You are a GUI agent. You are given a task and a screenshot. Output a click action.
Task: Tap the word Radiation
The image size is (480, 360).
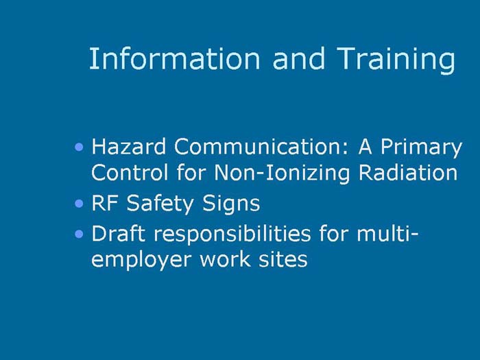pyautogui.click(x=408, y=172)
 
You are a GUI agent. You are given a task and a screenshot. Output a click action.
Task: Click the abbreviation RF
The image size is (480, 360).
pyautogui.click(x=101, y=203)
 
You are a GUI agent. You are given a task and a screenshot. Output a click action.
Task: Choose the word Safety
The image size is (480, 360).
pyautogui.click(x=155, y=204)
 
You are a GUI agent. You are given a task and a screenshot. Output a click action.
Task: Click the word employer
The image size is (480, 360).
pyautogui.click(x=140, y=261)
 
